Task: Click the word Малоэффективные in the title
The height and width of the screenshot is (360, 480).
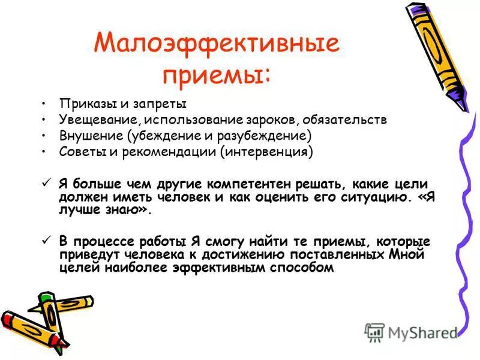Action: (217, 44)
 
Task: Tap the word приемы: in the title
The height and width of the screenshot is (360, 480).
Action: (217, 76)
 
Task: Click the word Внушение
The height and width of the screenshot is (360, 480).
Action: (83, 135)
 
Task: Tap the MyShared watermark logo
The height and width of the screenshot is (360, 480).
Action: (411, 332)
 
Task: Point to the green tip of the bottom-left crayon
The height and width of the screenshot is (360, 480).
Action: (44, 298)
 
